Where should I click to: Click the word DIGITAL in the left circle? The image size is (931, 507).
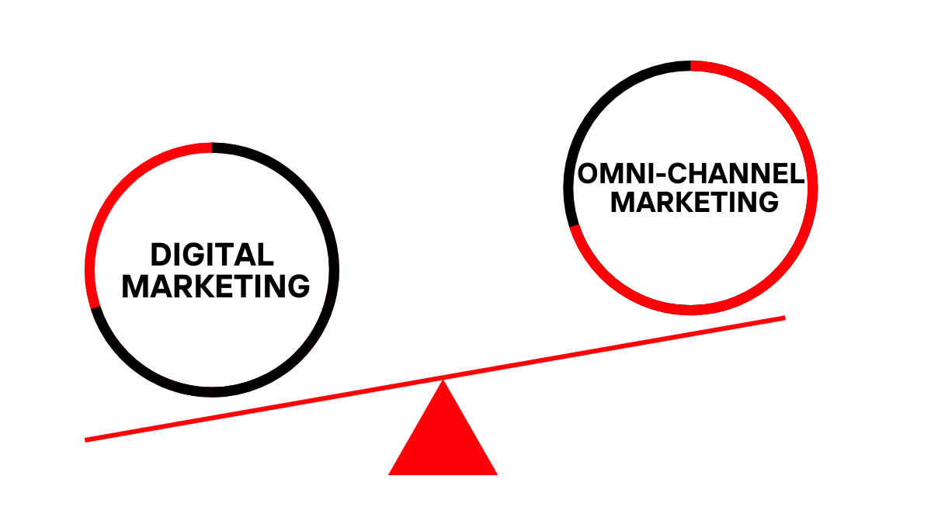point(212,255)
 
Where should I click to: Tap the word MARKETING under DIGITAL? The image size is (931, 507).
point(216,286)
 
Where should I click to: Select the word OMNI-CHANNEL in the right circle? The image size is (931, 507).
point(690,173)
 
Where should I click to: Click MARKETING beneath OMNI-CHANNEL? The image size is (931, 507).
point(694,202)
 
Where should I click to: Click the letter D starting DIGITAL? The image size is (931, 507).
point(159,255)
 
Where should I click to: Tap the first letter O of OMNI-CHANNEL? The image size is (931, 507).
point(588,173)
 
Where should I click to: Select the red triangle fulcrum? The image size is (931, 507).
point(443,439)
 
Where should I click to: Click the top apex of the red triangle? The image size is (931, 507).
point(443,381)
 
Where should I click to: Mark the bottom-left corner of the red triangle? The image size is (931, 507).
point(391,473)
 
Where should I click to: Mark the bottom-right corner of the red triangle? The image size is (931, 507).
point(495,473)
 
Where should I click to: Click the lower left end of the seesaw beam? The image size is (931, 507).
point(88,439)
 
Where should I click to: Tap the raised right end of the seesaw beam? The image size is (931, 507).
point(783,318)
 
